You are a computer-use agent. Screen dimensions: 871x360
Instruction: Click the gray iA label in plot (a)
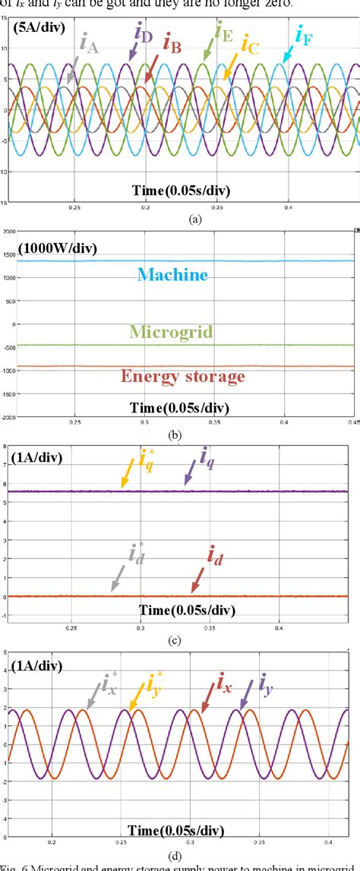click(88, 46)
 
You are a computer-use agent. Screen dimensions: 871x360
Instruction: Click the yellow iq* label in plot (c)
click(147, 459)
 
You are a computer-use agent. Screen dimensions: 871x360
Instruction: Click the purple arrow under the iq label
click(188, 475)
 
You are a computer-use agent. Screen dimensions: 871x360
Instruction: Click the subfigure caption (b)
click(179, 435)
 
